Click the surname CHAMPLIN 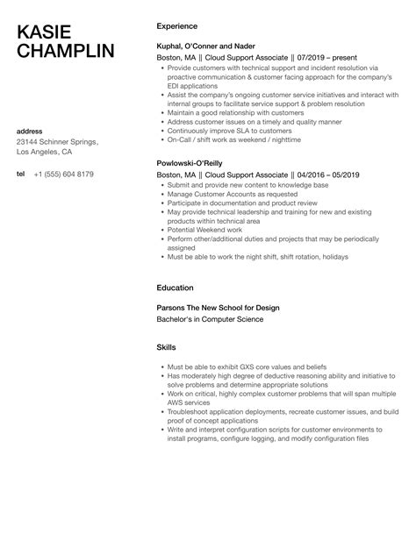(66, 51)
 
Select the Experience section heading (176, 26)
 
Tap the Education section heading (176, 287)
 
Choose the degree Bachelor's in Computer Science (209, 319)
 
